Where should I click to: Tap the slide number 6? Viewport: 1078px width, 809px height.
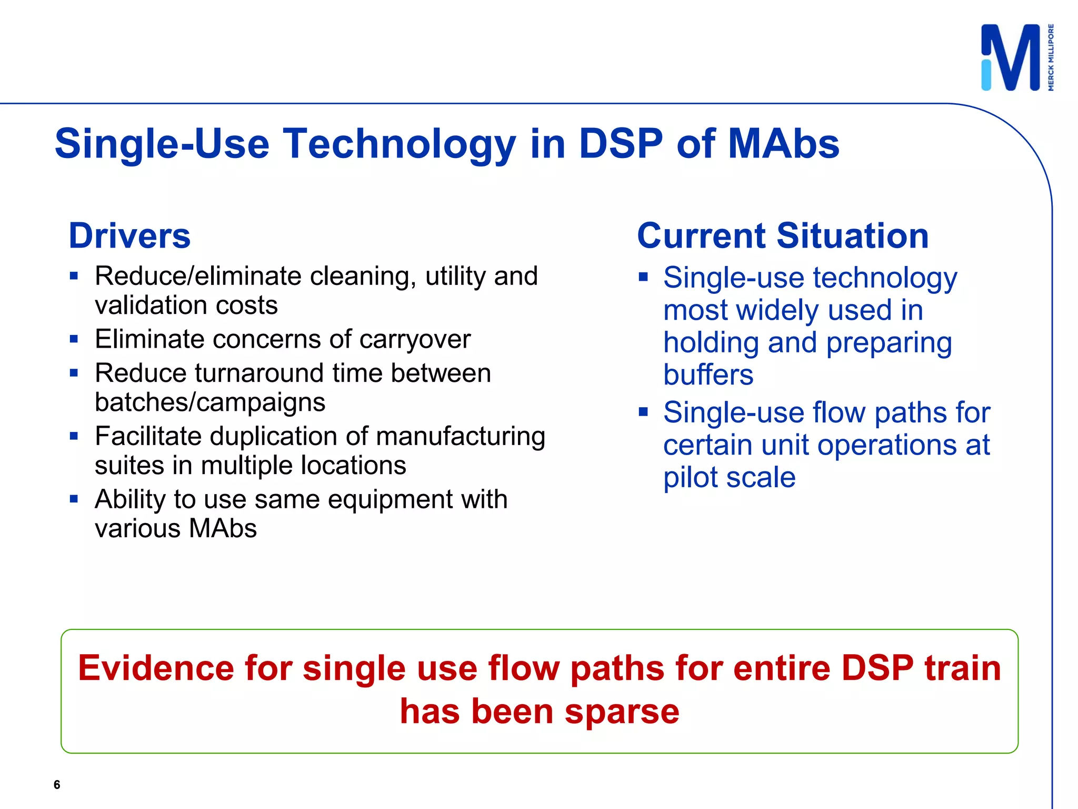pyautogui.click(x=57, y=785)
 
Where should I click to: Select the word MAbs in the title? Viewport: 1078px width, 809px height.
pyautogui.click(x=784, y=144)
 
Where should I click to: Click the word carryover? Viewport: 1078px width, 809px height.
pyautogui.click(x=415, y=339)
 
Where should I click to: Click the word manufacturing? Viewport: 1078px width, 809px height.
pyautogui.click(x=461, y=436)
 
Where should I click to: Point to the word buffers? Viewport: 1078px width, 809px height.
pyautogui.click(x=708, y=375)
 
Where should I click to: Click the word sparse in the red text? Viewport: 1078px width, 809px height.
pyautogui.click(x=622, y=712)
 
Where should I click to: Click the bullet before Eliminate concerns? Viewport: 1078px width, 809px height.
pyautogui.click(x=74, y=339)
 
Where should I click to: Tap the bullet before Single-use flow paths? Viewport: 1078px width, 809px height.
pyautogui.click(x=643, y=412)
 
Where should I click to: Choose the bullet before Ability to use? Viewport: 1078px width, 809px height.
pyautogui.click(x=74, y=499)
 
